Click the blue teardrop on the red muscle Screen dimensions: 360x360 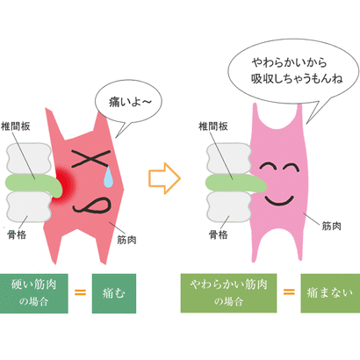tap(108, 176)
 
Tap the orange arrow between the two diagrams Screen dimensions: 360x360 tap(164, 178)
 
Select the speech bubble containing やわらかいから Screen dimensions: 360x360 tap(292, 73)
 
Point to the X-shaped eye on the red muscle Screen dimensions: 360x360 tap(90, 158)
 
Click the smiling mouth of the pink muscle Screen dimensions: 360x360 tap(279, 200)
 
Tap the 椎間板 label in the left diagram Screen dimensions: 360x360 tap(16, 126)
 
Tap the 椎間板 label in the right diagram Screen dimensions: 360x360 tap(213, 126)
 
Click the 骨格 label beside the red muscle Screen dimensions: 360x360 tap(17, 234)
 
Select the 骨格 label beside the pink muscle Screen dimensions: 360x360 tap(218, 234)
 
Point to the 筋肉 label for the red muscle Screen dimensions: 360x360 tap(126, 240)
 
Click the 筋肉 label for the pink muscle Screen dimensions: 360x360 tap(331, 226)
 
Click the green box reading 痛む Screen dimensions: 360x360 tap(114, 293)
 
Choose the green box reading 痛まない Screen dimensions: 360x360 tap(330, 293)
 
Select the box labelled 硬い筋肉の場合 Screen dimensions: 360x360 tap(34, 293)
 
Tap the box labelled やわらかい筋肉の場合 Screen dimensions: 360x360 tap(228, 293)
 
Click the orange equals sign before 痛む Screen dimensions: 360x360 tap(80, 292)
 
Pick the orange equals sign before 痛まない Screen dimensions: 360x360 tap(289, 292)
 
